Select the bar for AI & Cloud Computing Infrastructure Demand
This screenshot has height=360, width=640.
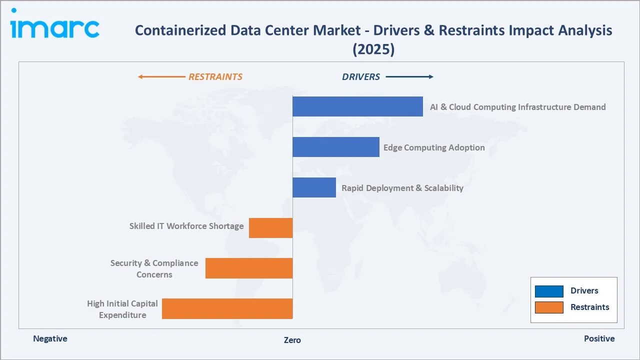tap(357, 106)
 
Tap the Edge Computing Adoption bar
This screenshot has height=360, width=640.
tap(335, 147)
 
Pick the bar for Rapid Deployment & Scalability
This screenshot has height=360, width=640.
tap(314, 187)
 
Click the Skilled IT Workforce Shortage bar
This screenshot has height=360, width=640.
tap(270, 228)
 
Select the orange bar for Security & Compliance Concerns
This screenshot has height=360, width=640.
tap(249, 268)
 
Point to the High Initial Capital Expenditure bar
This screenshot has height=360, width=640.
tap(227, 308)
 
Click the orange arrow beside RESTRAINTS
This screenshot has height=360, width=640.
tap(161, 77)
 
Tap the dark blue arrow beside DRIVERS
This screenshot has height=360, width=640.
tap(409, 77)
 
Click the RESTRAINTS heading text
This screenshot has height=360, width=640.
tap(215, 77)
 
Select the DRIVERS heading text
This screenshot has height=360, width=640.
tap(360, 77)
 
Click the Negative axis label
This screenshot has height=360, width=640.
tap(50, 338)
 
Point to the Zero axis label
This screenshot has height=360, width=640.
tap(292, 340)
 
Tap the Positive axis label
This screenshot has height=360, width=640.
tap(599, 338)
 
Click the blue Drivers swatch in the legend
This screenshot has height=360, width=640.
tap(549, 291)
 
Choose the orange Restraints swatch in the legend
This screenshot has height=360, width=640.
tap(549, 307)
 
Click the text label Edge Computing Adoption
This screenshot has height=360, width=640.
tap(434, 147)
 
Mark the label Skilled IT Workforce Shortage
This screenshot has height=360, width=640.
tap(186, 226)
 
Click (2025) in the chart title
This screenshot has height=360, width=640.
tap(373, 49)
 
